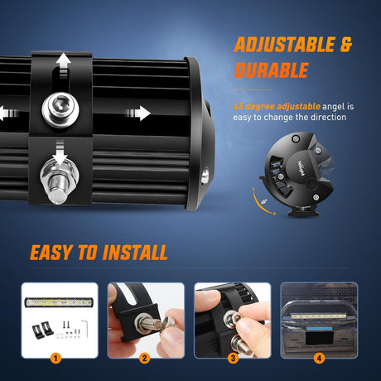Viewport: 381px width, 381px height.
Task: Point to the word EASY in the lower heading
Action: coord(57,253)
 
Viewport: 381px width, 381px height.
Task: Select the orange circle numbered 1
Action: coord(56,358)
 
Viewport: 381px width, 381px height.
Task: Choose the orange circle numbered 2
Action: coord(145,358)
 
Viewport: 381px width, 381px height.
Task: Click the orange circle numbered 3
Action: coord(233,358)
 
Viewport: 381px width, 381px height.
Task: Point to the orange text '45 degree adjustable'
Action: coord(273,106)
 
